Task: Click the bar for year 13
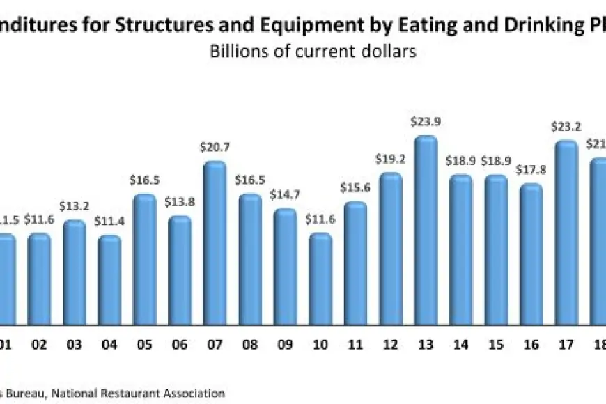(426, 230)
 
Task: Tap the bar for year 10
(320, 279)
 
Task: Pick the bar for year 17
(566, 233)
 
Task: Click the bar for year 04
(109, 280)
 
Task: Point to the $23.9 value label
(425, 122)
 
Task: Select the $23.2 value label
(566, 127)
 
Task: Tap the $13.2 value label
(74, 207)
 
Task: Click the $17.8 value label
(531, 171)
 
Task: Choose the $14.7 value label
(285, 195)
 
